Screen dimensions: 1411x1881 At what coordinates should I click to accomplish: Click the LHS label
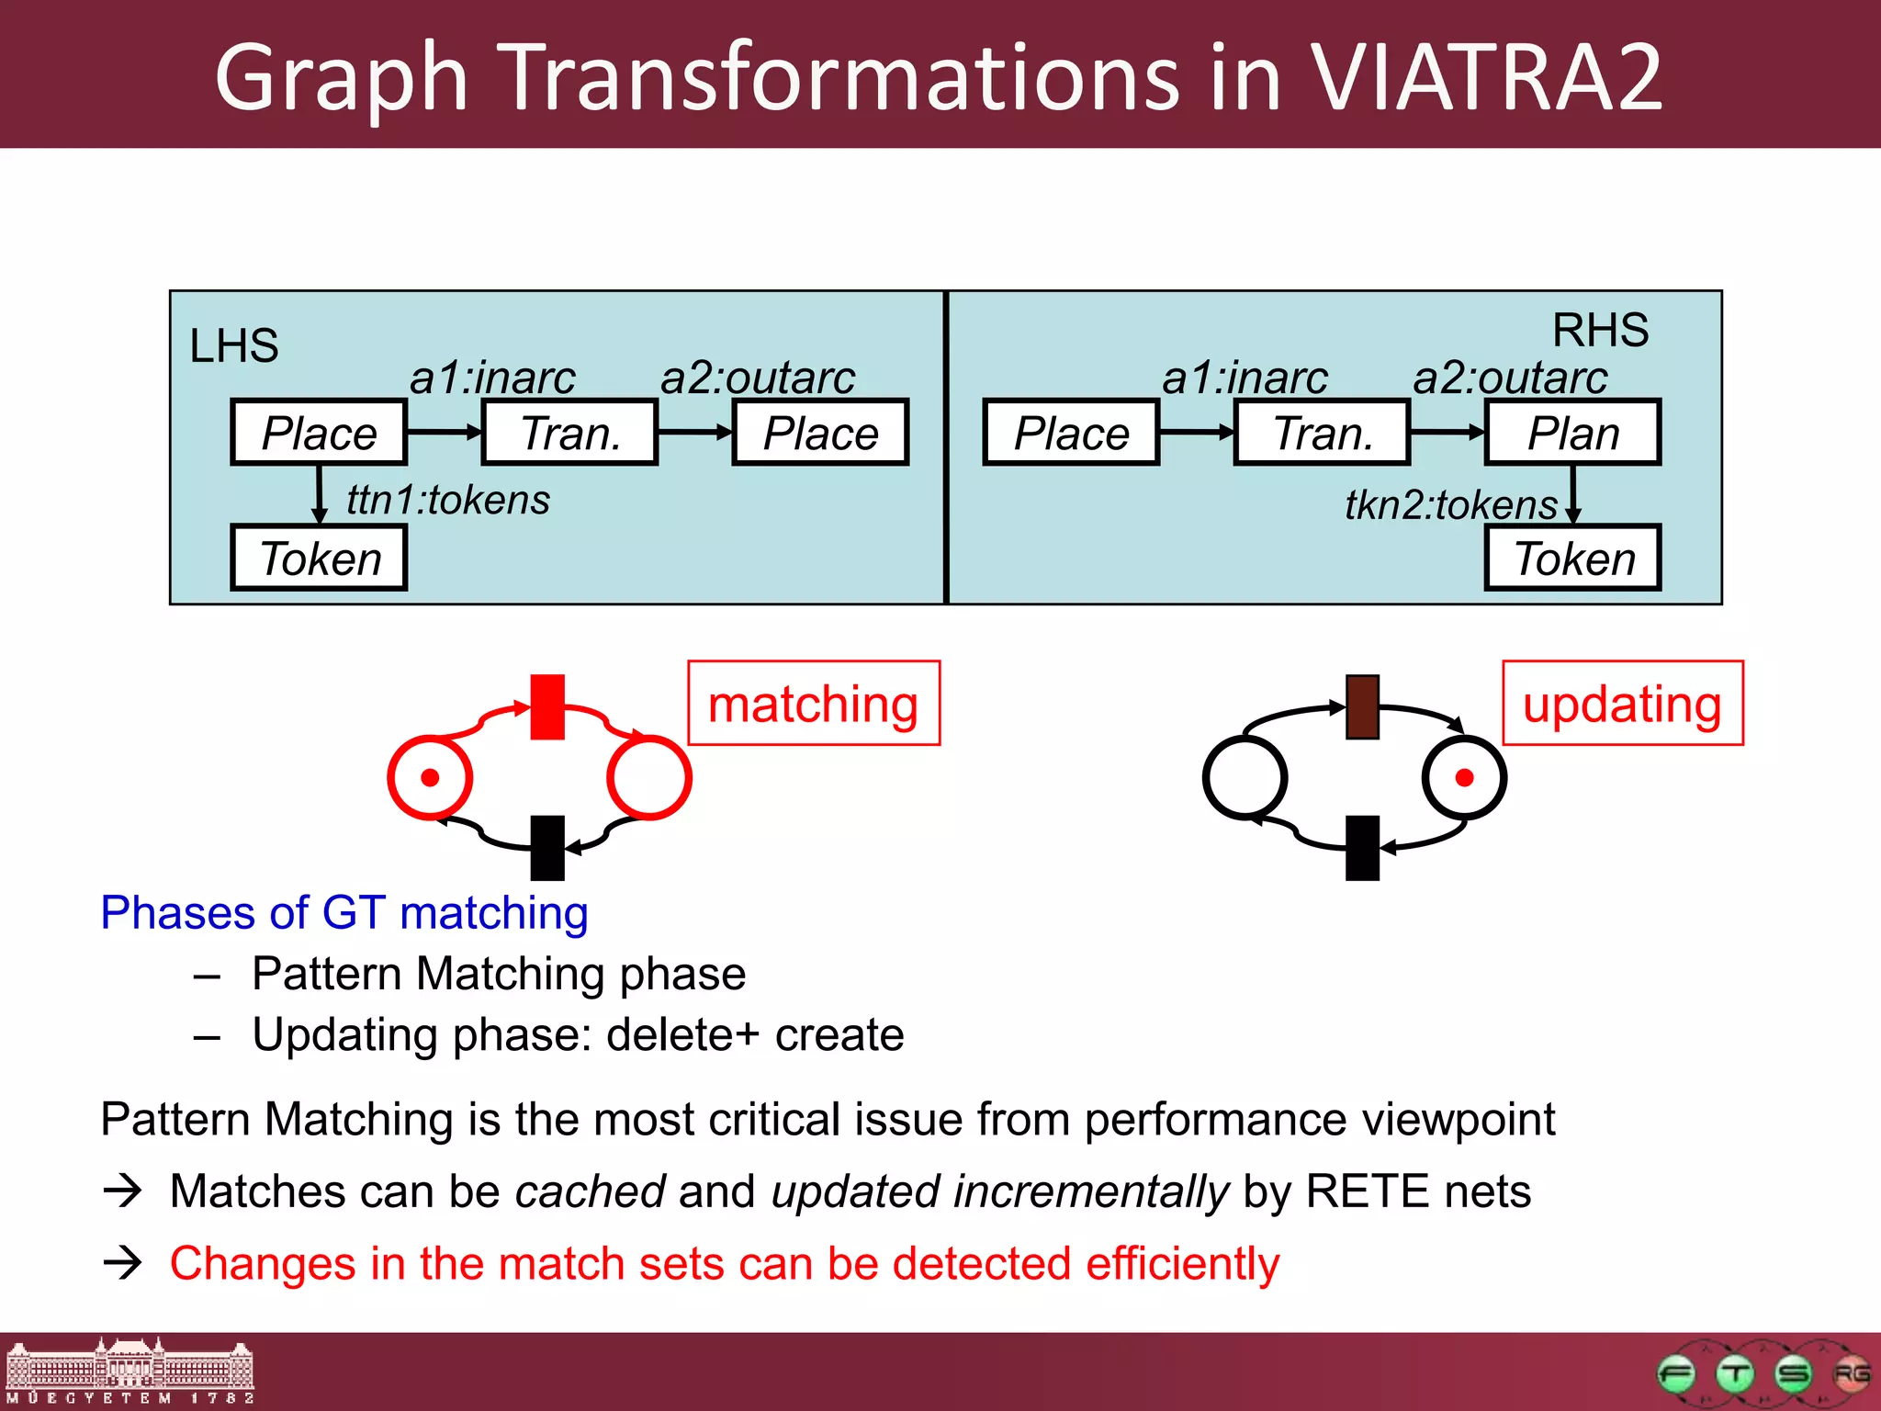pyautogui.click(x=233, y=346)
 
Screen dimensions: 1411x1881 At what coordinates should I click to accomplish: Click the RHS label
pyautogui.click(x=1600, y=330)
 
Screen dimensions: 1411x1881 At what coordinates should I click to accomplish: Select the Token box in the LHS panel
pyautogui.click(x=319, y=558)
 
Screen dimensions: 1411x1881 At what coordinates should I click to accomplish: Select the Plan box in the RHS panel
pyautogui.click(x=1572, y=433)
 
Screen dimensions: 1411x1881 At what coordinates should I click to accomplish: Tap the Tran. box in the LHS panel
pyautogui.click(x=569, y=433)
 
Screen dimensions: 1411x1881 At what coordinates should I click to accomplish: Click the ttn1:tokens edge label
pyautogui.click(x=448, y=501)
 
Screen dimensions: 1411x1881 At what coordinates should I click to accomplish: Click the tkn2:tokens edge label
pyautogui.click(x=1451, y=505)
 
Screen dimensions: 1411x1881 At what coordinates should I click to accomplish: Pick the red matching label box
pyautogui.click(x=814, y=704)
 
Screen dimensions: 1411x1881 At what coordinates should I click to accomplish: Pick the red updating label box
pyautogui.click(x=1622, y=704)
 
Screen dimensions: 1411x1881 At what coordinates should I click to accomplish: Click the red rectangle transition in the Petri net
pyautogui.click(x=547, y=707)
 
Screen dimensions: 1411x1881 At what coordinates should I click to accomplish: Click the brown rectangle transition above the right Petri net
pyautogui.click(x=1362, y=707)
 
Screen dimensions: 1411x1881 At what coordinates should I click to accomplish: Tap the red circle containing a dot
pyautogui.click(x=430, y=777)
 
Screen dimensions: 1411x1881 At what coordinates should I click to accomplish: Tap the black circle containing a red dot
pyautogui.click(x=1464, y=777)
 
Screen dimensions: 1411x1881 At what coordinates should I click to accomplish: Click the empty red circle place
pyautogui.click(x=648, y=777)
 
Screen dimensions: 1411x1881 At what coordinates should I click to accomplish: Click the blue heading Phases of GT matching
pyautogui.click(x=344, y=913)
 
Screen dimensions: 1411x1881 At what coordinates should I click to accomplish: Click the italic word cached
pyautogui.click(x=590, y=1191)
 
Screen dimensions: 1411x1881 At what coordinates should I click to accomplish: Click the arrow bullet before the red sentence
pyautogui.click(x=123, y=1263)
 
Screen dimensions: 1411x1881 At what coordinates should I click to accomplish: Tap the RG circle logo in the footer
pyautogui.click(x=1851, y=1374)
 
